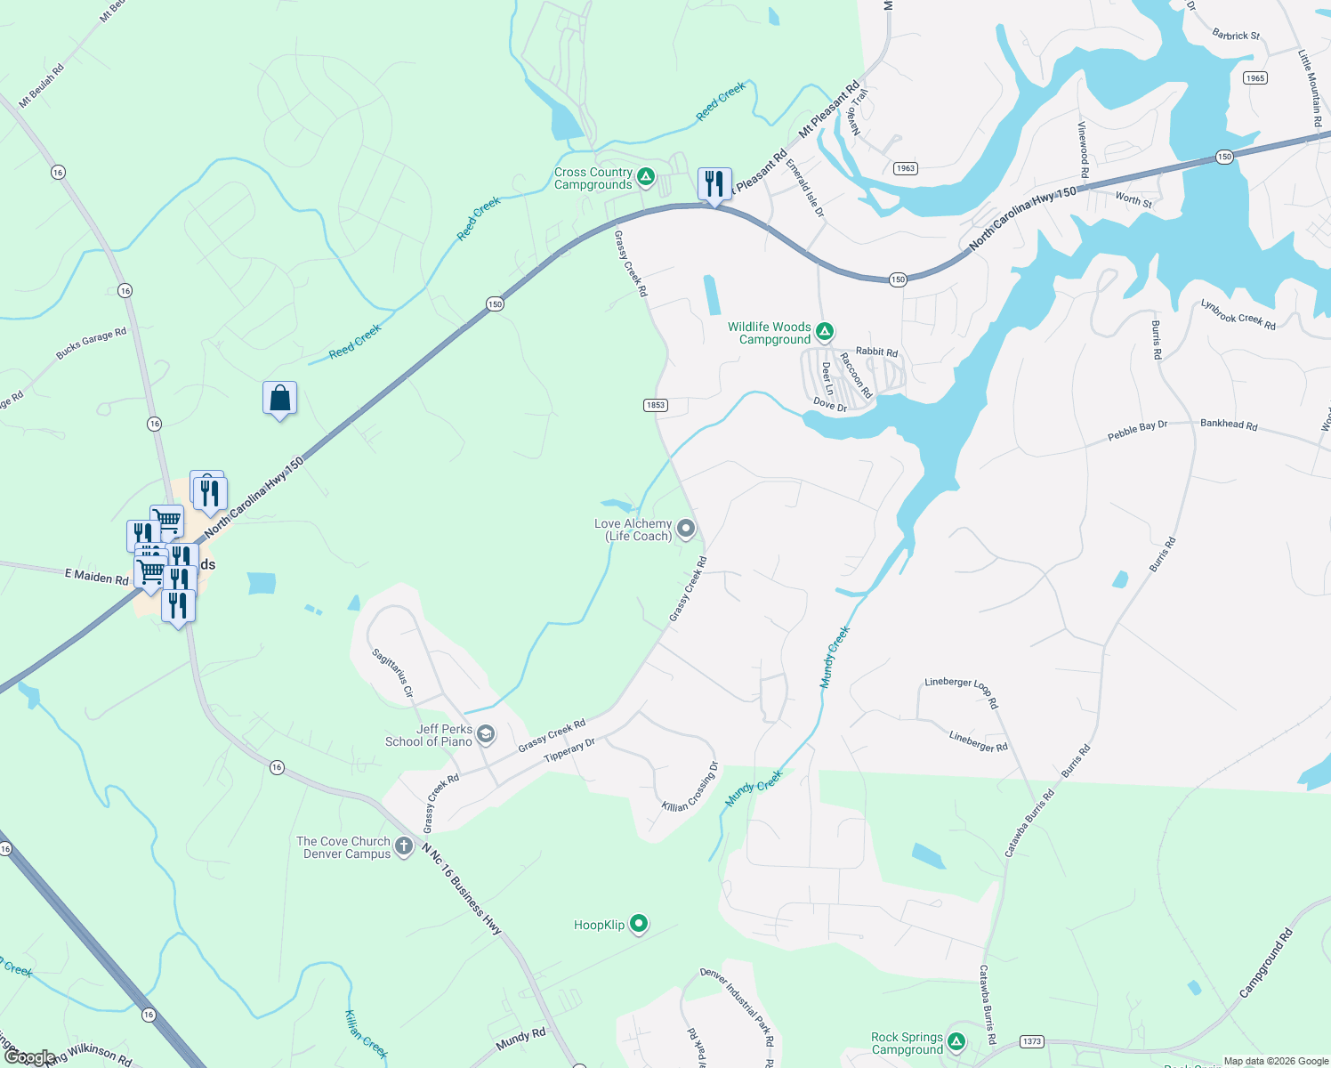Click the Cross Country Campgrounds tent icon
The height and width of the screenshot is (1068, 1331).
pos(647,176)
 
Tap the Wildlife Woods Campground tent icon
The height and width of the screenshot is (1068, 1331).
pos(825,332)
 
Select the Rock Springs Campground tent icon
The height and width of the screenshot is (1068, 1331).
pos(956,1041)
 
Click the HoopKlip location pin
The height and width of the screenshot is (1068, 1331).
pos(639,924)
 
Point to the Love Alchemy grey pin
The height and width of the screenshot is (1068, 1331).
pos(686,529)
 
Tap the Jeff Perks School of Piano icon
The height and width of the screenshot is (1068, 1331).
pos(486,734)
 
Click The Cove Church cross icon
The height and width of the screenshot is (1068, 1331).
pos(404,845)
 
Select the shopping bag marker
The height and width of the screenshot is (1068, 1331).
pos(279,399)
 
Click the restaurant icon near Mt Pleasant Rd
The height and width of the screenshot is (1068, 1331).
pos(714,184)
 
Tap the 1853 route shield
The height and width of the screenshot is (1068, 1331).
pos(655,405)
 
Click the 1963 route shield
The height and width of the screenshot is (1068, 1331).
pos(905,168)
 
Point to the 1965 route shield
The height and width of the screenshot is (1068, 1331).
pos(1255,78)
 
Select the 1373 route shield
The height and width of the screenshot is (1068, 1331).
pos(1032,1041)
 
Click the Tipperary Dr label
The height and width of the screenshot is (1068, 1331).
pos(569,750)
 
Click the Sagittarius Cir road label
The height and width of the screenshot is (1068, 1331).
pos(392,673)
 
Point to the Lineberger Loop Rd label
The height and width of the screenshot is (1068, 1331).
pos(962,692)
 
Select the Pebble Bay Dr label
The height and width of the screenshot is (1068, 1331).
pos(1137,431)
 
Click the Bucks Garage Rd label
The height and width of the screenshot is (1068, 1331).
pos(91,344)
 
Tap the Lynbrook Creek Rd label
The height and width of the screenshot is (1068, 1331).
pos(1238,315)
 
